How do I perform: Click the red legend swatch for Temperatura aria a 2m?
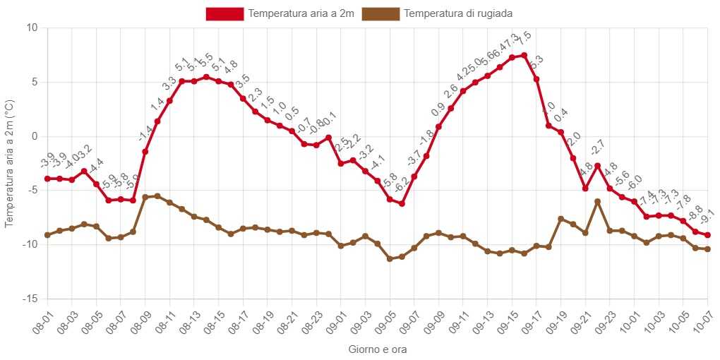[224, 13]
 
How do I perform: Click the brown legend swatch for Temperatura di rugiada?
[380, 13]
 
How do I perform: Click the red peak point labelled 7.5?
[524, 55]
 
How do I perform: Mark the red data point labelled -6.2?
[402, 203]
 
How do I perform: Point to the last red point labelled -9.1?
[707, 235]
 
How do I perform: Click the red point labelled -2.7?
[597, 165]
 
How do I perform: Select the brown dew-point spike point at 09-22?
[597, 201]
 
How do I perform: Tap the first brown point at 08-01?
[47, 235]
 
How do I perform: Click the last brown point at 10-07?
[707, 249]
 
